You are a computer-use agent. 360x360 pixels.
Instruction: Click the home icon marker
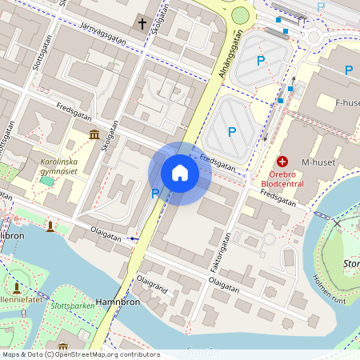(180, 173)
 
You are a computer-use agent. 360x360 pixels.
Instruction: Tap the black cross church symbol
(142, 24)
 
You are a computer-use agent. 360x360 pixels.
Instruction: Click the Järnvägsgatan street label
(104, 32)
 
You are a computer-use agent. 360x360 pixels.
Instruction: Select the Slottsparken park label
(70, 306)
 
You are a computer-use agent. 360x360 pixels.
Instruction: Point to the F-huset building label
(350, 102)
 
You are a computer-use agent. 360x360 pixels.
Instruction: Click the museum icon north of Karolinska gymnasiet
(94, 134)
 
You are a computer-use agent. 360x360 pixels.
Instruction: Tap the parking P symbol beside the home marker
(155, 193)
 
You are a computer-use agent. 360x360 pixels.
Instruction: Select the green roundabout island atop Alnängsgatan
(240, 15)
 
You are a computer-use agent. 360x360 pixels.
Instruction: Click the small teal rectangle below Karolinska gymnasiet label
(47, 182)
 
